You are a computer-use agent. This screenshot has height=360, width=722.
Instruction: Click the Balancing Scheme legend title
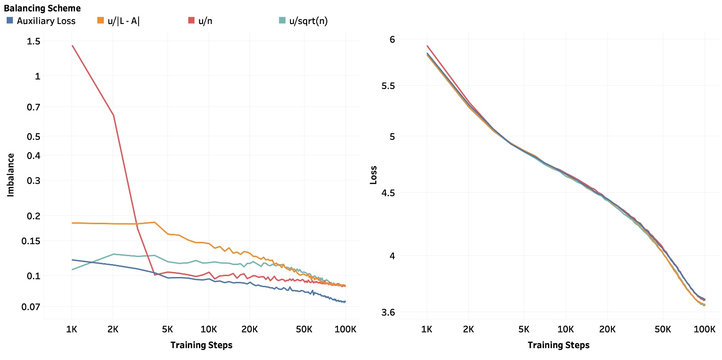(42, 8)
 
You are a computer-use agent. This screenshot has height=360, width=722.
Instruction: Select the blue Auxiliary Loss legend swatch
(10, 20)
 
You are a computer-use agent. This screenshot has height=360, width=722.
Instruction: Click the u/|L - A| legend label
(123, 21)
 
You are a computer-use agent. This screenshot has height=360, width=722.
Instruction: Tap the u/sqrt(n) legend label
(308, 21)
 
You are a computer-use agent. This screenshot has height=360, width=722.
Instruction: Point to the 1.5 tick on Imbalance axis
(33, 41)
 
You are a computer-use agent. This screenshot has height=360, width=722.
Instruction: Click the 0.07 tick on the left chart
(31, 307)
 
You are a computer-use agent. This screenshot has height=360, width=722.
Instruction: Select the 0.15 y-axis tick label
(31, 241)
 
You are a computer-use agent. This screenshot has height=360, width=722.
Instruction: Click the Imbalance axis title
(11, 175)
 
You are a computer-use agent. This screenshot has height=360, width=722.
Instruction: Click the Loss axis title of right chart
(373, 175)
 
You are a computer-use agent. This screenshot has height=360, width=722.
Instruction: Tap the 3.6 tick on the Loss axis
(388, 313)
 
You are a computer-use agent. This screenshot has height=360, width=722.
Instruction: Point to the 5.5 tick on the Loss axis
(388, 86)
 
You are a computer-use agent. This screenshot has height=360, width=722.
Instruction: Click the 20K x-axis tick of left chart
(250, 329)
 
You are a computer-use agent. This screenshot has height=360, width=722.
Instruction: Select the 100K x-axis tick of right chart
(704, 329)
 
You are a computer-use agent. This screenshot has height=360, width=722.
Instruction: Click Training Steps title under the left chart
(201, 345)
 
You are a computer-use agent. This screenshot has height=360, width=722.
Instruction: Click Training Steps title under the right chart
(558, 345)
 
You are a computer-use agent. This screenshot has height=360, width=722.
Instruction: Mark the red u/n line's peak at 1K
(72, 46)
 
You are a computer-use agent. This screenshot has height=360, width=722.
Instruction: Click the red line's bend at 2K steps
(114, 115)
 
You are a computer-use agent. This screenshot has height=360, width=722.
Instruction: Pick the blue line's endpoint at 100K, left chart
(345, 302)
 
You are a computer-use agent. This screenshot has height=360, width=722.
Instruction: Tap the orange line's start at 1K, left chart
(72, 223)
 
